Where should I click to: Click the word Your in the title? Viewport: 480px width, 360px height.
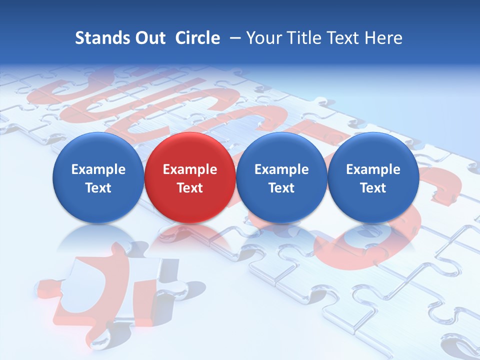coord(262,38)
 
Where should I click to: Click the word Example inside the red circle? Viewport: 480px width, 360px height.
coord(189,170)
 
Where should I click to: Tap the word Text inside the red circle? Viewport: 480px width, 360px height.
coord(189,188)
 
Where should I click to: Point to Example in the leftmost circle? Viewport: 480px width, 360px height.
coord(98,170)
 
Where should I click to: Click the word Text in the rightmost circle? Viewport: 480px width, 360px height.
coord(373,188)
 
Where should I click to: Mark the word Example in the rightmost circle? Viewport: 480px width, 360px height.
coord(373,170)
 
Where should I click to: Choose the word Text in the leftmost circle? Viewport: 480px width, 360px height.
coord(98,188)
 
